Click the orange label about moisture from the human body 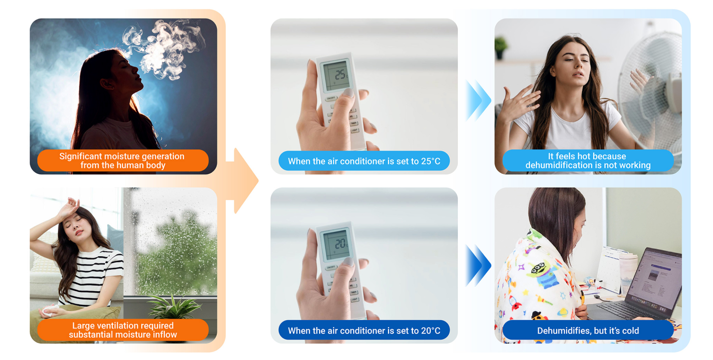click(x=123, y=161)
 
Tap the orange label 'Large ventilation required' click(x=123, y=330)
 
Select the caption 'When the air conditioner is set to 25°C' click(x=364, y=161)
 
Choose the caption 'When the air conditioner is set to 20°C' click(x=364, y=331)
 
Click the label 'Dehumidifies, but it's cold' click(x=588, y=331)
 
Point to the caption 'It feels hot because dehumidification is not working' click(x=588, y=161)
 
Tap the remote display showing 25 click(x=336, y=75)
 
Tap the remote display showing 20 click(x=336, y=244)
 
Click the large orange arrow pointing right click(x=242, y=181)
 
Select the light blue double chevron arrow click(x=478, y=100)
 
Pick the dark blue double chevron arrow click(x=478, y=266)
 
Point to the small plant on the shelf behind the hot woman click(x=501, y=47)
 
